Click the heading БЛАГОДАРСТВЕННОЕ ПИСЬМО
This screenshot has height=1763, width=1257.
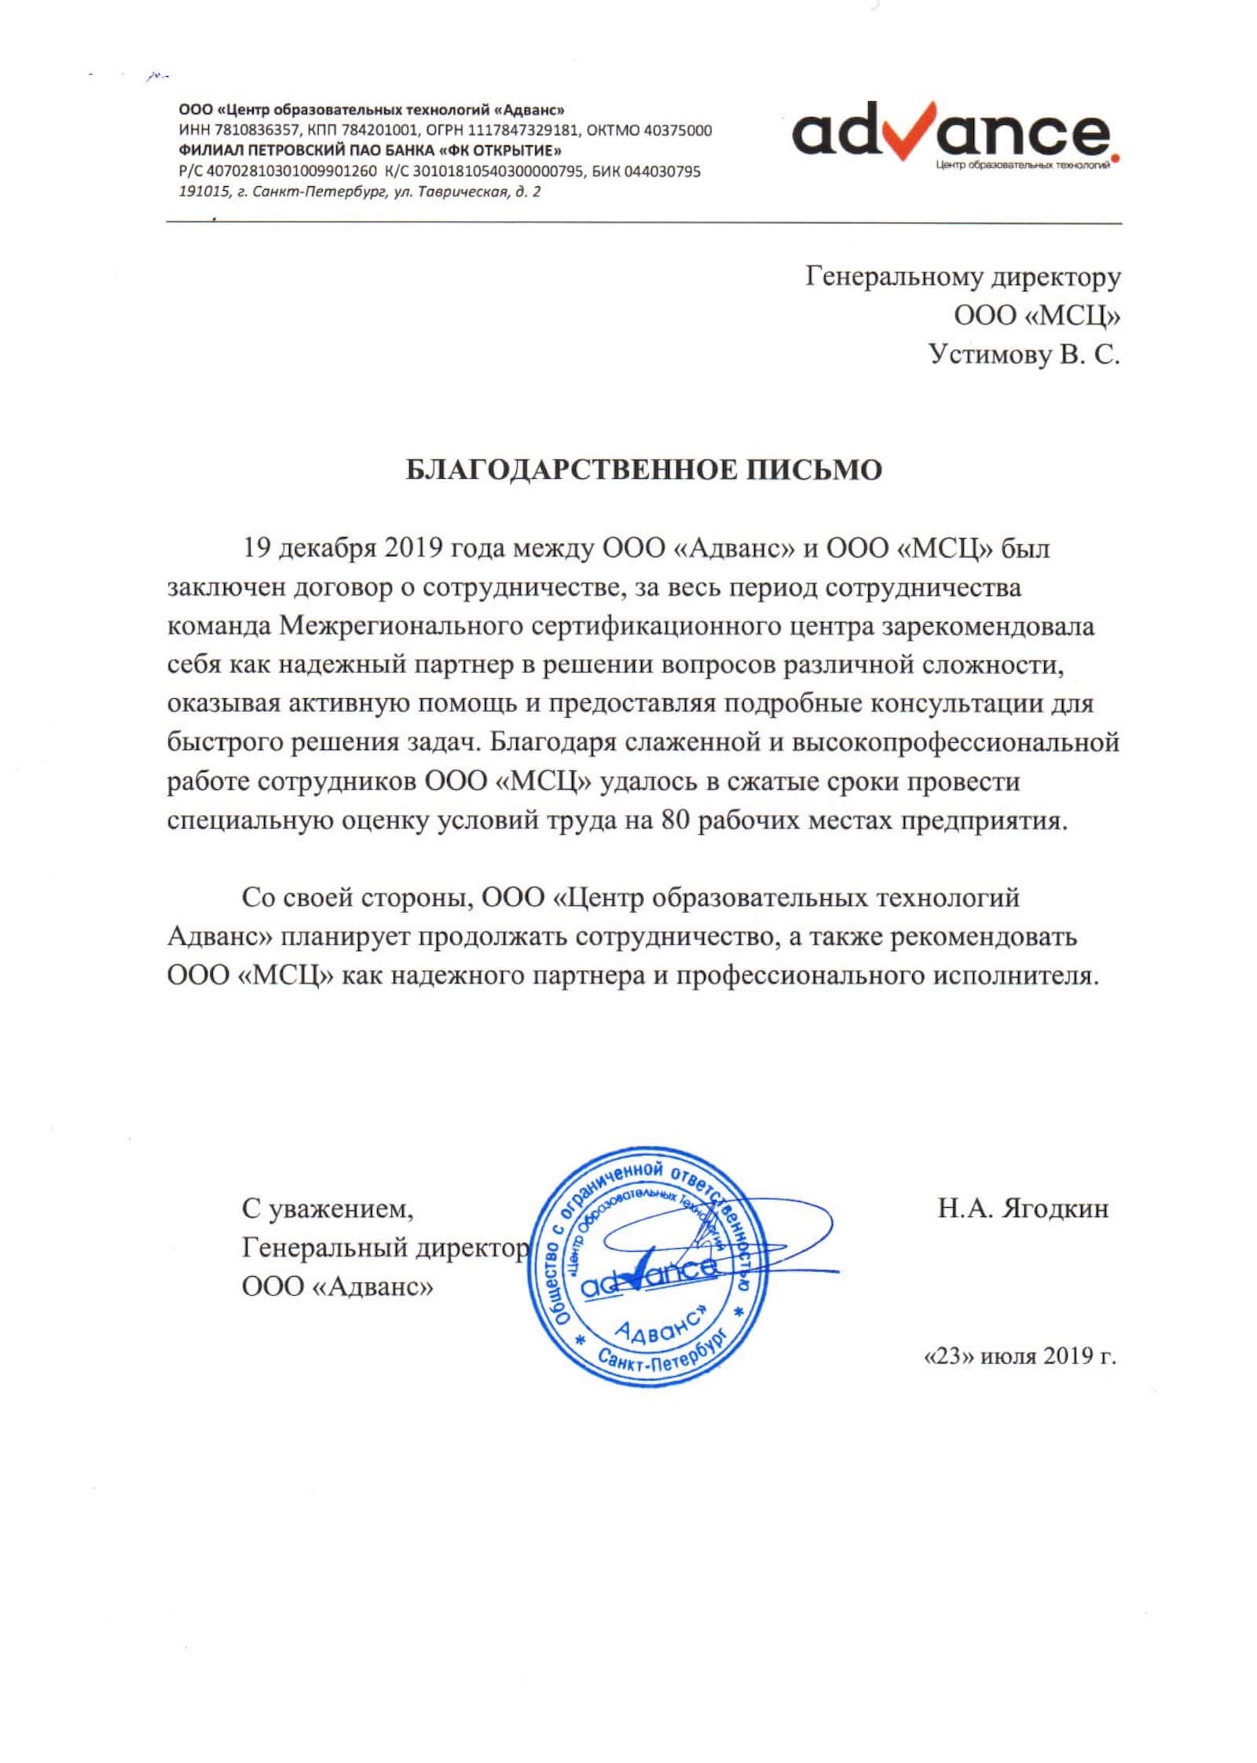[x=643, y=470]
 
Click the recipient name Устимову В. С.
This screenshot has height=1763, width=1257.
[x=1024, y=356]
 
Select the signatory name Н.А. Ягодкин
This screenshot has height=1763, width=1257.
[x=1023, y=1209]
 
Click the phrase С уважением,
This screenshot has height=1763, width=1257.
[x=328, y=1209]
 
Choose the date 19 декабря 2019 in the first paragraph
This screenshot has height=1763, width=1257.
[x=343, y=548]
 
